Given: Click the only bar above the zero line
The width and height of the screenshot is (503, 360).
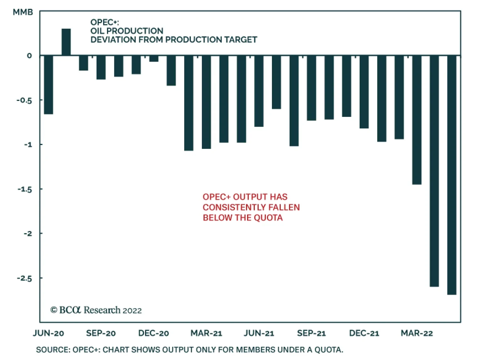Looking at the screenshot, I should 66,42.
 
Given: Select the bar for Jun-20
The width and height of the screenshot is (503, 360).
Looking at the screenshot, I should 48,85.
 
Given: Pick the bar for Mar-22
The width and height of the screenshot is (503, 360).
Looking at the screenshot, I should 417,120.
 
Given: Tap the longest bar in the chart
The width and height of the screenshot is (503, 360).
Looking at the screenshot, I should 451,175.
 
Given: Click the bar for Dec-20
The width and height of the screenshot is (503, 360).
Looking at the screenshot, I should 154,58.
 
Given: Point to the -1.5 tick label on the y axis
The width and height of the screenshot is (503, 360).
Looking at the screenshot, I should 25,189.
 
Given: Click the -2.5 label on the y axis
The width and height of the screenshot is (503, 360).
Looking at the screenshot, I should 24,278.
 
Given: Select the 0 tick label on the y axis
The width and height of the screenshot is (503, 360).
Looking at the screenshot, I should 29,56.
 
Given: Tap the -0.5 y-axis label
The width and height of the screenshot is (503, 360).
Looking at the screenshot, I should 24,101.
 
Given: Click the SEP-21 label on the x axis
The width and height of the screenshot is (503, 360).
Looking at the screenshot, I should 311,333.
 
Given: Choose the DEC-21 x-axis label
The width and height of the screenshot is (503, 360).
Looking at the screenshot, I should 364,333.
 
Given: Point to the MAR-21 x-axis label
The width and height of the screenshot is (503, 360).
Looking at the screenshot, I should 206,333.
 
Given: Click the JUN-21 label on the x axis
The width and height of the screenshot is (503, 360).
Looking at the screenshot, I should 259,333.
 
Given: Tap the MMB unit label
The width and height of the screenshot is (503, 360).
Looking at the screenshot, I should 23,12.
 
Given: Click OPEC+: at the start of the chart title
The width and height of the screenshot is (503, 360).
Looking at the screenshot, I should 104,22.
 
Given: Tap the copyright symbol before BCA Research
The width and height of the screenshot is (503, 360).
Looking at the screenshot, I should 54,310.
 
